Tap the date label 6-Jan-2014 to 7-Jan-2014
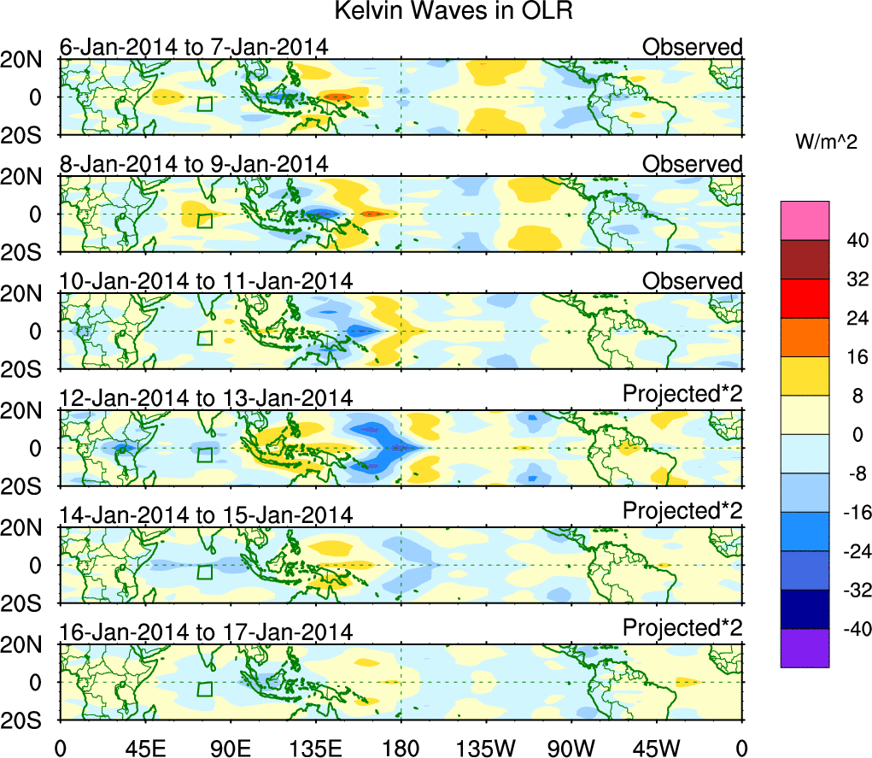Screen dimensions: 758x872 pyautogui.click(x=194, y=47)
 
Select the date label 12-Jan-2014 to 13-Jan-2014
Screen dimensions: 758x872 pyautogui.click(x=206, y=398)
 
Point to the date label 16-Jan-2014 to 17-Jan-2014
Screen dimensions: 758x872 pyautogui.click(x=206, y=632)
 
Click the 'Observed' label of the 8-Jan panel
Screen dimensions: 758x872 pyautogui.click(x=692, y=163)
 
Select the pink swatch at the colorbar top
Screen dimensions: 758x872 pyautogui.click(x=804, y=220)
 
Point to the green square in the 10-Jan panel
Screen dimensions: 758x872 pyautogui.click(x=204, y=338)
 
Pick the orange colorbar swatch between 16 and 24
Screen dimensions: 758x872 pyautogui.click(x=804, y=338)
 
